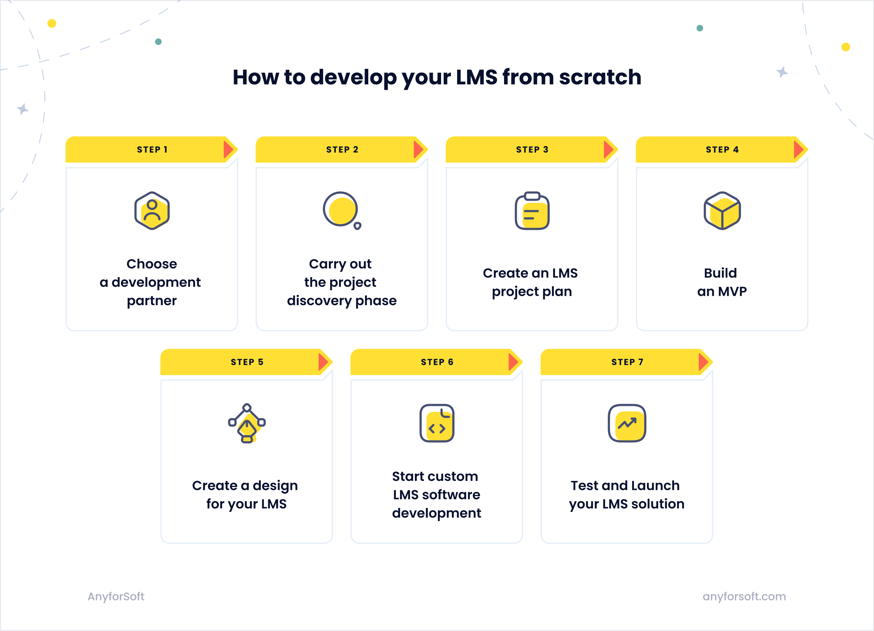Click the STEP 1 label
click(152, 150)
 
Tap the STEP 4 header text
click(722, 150)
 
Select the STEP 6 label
click(437, 362)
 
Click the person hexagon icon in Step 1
click(152, 210)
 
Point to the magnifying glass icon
click(342, 210)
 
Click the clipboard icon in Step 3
click(532, 210)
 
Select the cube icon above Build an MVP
click(722, 210)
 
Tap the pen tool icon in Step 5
click(247, 423)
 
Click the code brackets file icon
click(437, 423)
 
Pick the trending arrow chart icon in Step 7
click(627, 423)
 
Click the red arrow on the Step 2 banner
click(419, 150)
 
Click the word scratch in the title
click(600, 77)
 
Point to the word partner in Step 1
click(152, 301)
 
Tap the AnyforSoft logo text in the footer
click(116, 596)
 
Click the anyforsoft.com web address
click(744, 596)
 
